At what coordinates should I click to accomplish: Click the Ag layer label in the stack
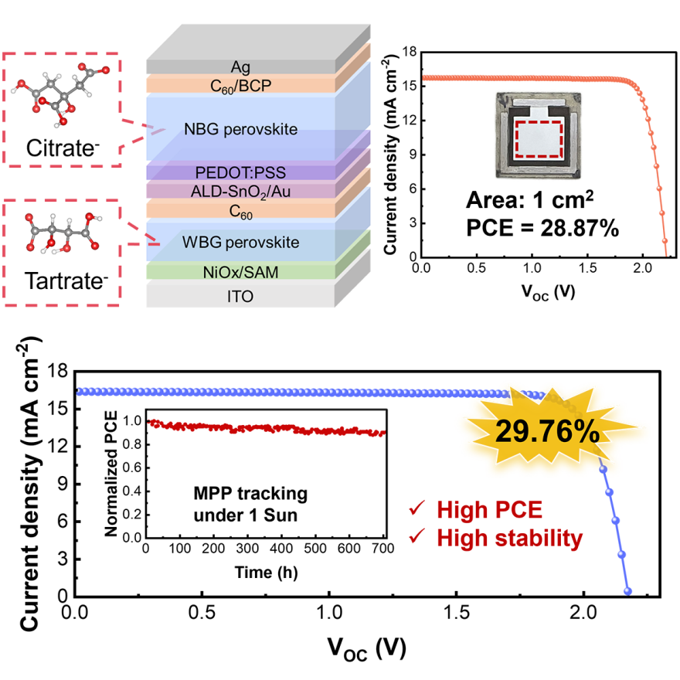(x=240, y=66)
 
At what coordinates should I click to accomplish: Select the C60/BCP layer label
(x=240, y=84)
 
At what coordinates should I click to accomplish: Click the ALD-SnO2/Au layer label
(x=240, y=190)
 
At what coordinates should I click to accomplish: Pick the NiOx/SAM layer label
(x=240, y=271)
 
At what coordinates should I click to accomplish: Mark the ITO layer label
(x=240, y=296)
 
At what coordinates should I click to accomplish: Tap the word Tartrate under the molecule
(x=61, y=278)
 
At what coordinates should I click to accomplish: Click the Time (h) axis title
(x=265, y=573)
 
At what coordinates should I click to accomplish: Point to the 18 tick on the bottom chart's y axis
(x=56, y=372)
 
